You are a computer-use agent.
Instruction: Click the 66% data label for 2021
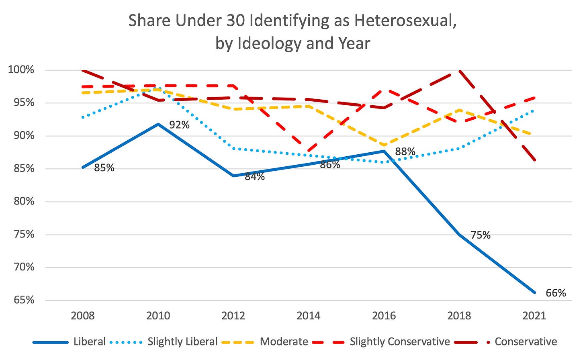tap(556, 293)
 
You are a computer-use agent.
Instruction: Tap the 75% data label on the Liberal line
tap(481, 235)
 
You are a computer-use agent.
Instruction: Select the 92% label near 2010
tap(179, 125)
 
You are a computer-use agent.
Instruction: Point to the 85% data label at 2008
tap(104, 168)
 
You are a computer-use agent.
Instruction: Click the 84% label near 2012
tap(255, 176)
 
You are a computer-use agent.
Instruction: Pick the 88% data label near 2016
tap(405, 151)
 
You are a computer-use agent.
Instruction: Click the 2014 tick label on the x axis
tap(309, 316)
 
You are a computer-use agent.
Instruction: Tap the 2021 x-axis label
tap(534, 316)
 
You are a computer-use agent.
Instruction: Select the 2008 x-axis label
tap(83, 316)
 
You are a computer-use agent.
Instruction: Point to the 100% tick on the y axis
tap(21, 70)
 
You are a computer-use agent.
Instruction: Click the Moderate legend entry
tap(284, 342)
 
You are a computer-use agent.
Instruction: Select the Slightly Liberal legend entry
tap(182, 342)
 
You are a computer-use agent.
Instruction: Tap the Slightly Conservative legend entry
tap(399, 342)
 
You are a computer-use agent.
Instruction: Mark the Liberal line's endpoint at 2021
tap(534, 292)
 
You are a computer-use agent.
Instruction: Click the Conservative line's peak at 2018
tap(459, 71)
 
